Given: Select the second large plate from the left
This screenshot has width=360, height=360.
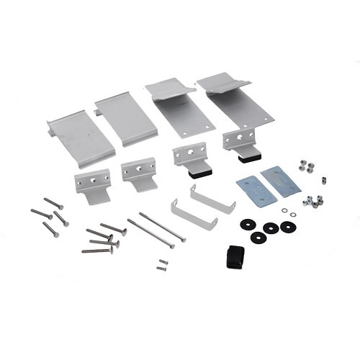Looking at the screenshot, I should pos(126,117).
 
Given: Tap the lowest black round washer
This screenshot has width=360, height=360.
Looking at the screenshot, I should pos(258,237).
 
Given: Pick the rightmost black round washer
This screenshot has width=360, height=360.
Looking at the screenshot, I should pos(288,227).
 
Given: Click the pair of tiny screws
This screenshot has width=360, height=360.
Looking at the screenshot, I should pos(163,265).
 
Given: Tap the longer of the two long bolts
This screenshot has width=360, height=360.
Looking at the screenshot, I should pos(161,228).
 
